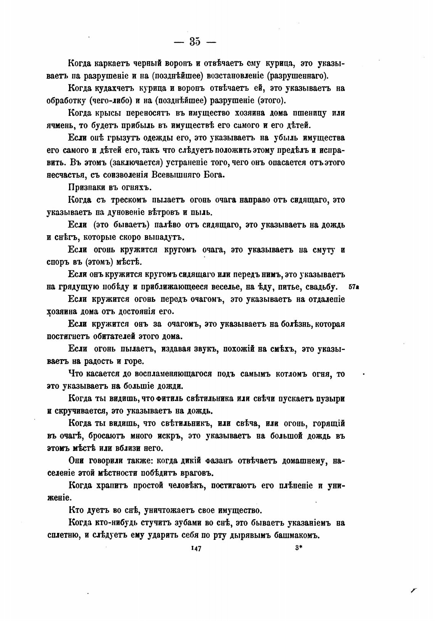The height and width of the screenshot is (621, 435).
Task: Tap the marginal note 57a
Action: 354,287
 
